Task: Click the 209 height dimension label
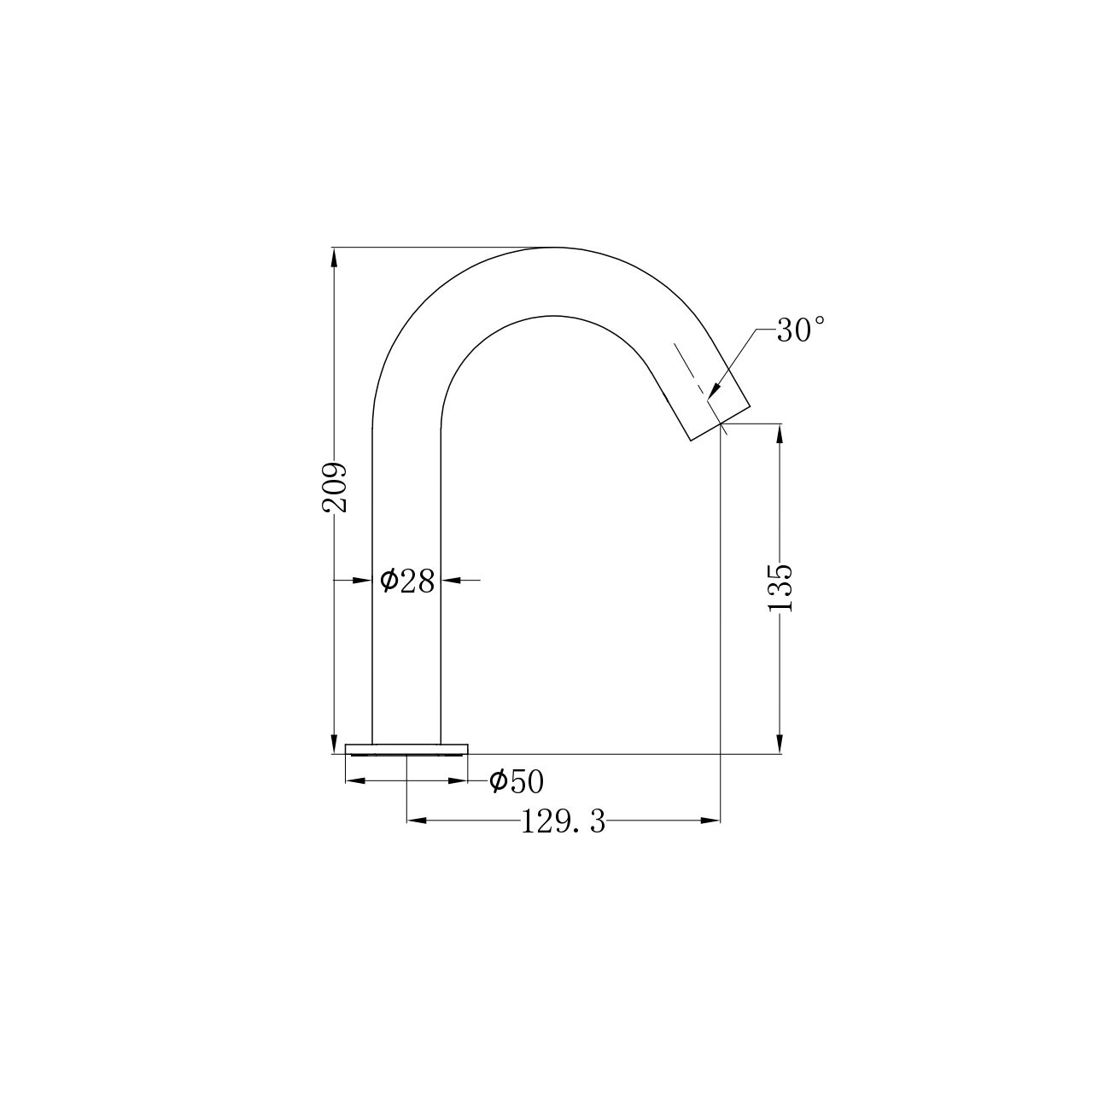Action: point(334,486)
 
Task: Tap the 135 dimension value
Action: point(780,588)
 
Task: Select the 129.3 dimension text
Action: point(563,822)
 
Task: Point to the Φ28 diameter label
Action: point(406,581)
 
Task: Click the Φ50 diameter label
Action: point(516,781)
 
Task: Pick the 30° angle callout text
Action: point(801,330)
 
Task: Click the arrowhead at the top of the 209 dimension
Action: point(334,259)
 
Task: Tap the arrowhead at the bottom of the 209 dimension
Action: point(334,742)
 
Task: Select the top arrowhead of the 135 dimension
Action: point(780,435)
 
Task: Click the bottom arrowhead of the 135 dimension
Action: point(780,742)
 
